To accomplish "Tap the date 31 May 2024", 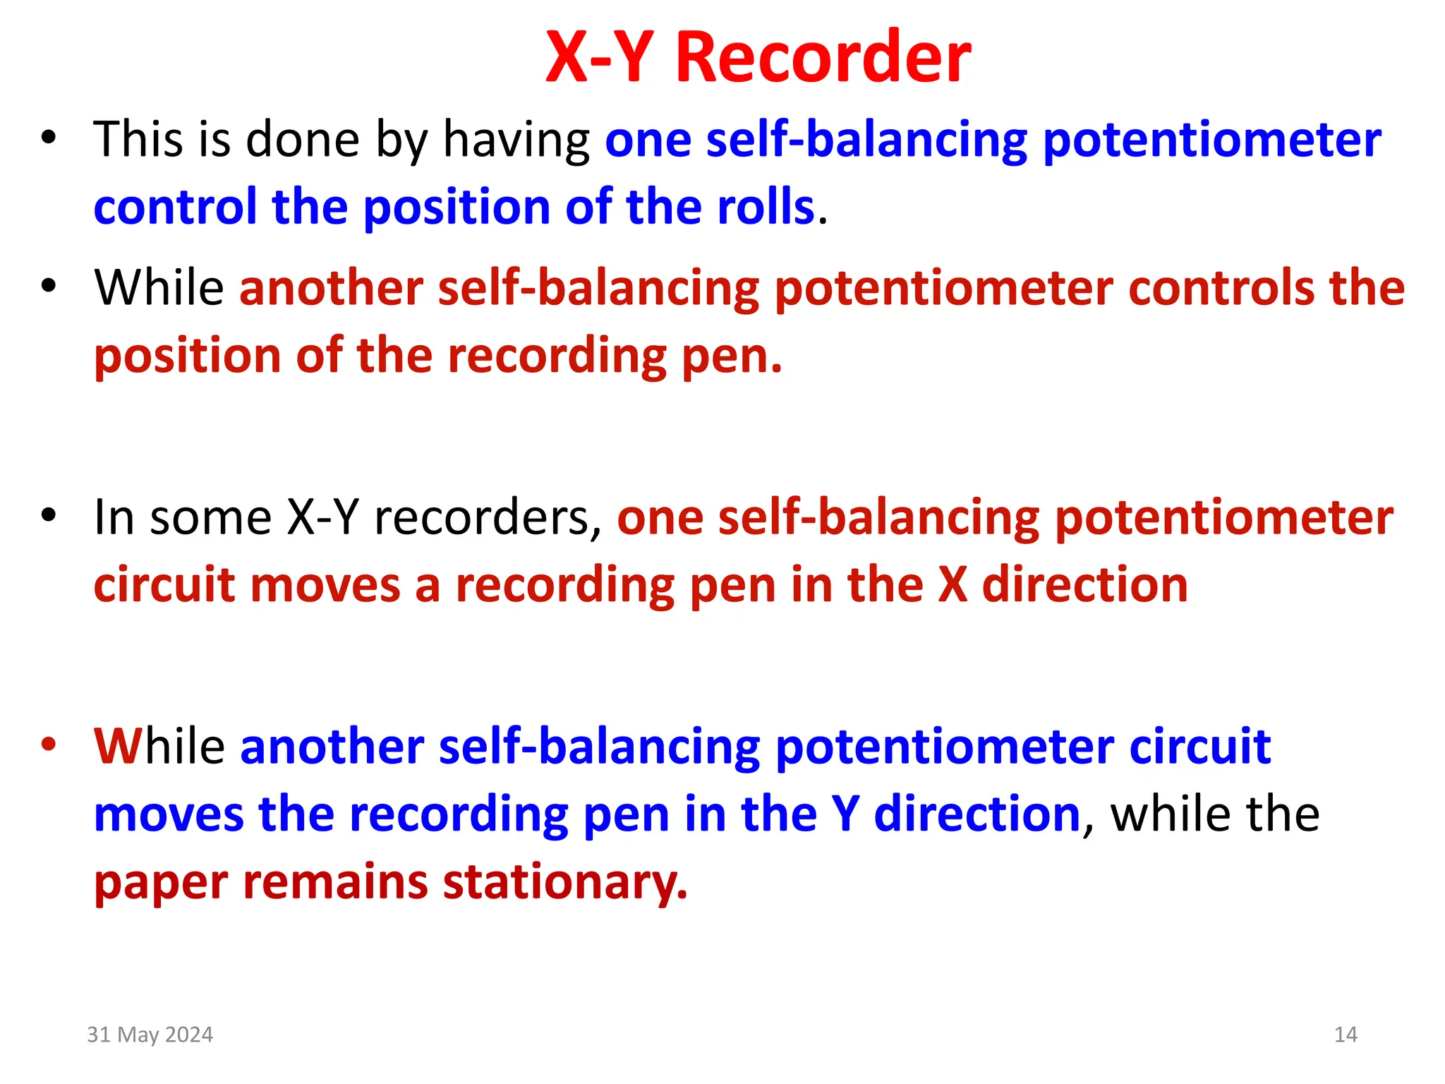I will [150, 1035].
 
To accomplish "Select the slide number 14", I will [1346, 1035].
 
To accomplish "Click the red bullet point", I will [48, 744].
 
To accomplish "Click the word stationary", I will [564, 882].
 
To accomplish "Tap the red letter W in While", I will [118, 747].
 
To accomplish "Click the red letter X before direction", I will [953, 586].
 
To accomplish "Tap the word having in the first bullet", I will [516, 140].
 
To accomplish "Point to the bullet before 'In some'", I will [48, 515].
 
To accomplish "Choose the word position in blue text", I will [457, 207].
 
